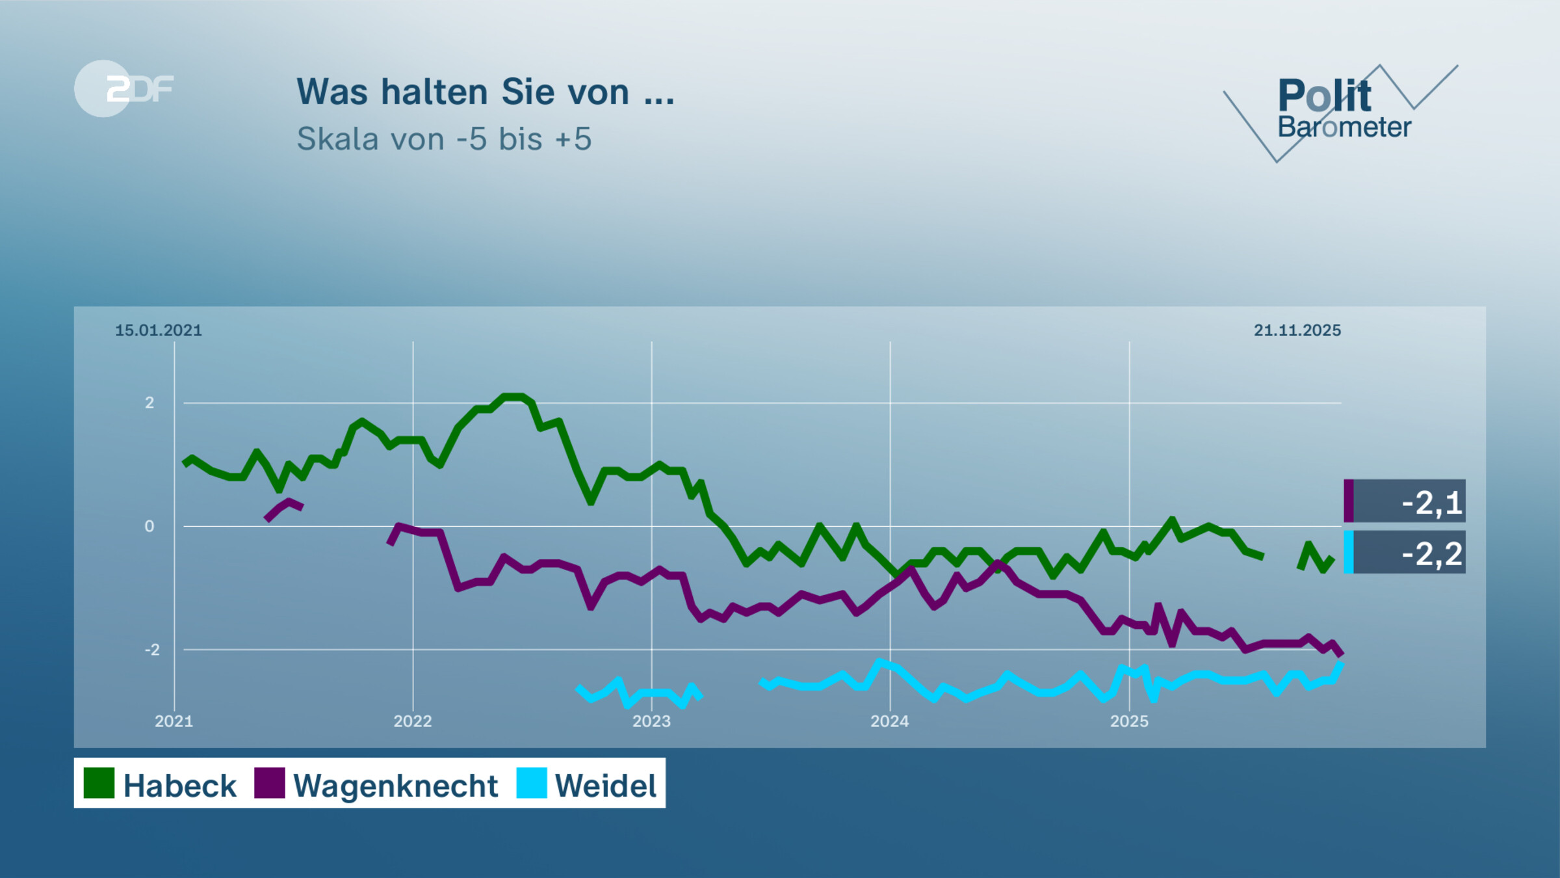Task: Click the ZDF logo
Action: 123,88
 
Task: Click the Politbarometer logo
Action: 1343,111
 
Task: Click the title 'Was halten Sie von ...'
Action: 486,92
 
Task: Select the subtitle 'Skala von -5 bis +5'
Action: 444,139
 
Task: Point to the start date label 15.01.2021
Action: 159,330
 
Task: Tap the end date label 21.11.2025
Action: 1297,330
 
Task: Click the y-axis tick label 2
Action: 149,403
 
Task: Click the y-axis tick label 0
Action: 149,526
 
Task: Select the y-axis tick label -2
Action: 151,650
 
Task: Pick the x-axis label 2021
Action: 174,721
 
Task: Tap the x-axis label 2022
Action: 413,721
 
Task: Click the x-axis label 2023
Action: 651,721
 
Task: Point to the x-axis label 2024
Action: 890,721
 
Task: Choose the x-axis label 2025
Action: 1129,721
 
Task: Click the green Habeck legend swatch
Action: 99,783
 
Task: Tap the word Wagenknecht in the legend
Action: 395,786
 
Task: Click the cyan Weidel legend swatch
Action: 532,783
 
